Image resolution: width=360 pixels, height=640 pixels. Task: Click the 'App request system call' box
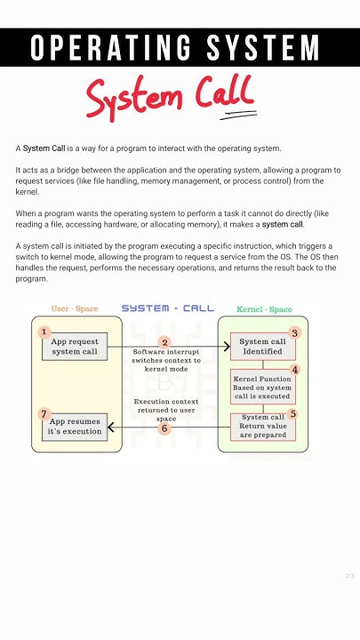point(75,347)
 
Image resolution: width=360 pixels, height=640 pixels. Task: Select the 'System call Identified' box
point(263,347)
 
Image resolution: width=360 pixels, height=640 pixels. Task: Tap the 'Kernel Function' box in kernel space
point(263,387)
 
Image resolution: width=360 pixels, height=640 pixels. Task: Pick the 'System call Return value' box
point(263,427)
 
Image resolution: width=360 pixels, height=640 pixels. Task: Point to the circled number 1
point(44,332)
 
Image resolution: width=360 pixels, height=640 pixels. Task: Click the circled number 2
point(164,342)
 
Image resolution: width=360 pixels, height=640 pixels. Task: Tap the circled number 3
point(295,332)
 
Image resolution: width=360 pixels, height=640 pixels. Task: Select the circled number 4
point(295,369)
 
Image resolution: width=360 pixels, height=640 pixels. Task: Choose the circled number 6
point(164,428)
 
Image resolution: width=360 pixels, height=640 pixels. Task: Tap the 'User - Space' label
point(75,308)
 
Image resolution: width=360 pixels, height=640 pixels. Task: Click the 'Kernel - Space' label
point(264,309)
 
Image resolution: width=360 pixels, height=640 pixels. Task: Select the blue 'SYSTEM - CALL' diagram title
point(168,308)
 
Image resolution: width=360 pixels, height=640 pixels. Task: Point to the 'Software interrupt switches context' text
point(167,359)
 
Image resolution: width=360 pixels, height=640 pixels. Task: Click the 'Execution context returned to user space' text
point(167,410)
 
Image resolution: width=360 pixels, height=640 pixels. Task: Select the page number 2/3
point(349,576)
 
